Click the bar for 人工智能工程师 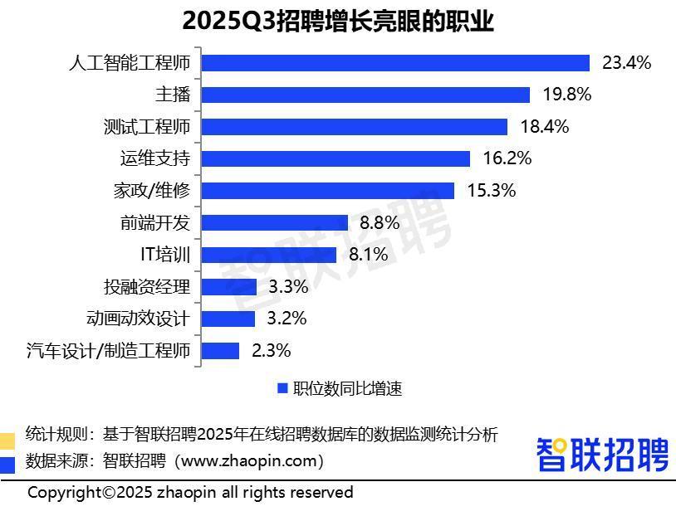tap(395, 63)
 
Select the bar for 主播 tap(365, 95)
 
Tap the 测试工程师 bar tap(355, 127)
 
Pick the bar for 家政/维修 tap(328, 191)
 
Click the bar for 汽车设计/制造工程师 tap(221, 351)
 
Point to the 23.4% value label tap(626, 63)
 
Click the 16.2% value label tap(507, 158)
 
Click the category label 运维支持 tap(155, 158)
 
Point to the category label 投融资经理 tap(146, 287)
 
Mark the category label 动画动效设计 tap(138, 319)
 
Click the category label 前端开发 tap(155, 222)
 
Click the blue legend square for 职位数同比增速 tap(282, 388)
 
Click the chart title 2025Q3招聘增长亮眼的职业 tap(338, 21)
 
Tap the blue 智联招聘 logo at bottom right tap(602, 455)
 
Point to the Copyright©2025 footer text tap(190, 493)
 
